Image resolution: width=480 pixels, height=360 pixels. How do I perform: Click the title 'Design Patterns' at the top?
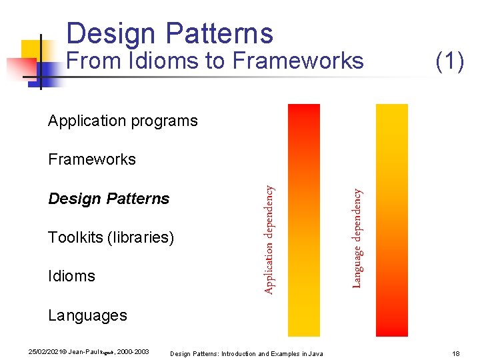[169, 33]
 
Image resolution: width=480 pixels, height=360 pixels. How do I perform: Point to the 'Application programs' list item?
[123, 121]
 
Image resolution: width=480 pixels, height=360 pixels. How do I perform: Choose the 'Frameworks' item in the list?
[91, 159]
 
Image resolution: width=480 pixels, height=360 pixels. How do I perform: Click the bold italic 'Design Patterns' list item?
[109, 199]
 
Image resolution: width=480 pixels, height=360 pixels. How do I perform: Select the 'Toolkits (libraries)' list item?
[111, 237]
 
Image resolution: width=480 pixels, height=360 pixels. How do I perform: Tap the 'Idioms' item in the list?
[71, 276]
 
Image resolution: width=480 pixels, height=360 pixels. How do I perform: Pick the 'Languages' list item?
[87, 315]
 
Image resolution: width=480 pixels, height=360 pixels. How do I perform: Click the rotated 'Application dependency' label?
[268, 239]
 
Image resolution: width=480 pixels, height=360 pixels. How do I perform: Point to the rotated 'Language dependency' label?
[357, 237]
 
